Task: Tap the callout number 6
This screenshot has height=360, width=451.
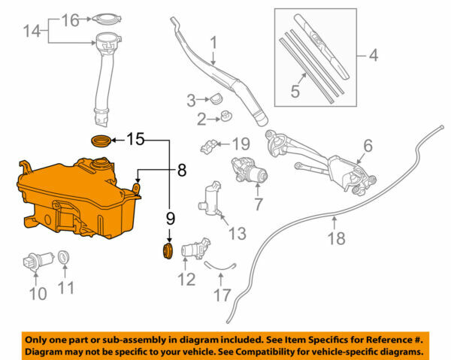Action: pos(368,144)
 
